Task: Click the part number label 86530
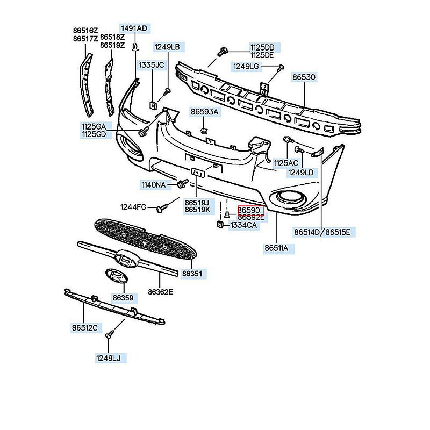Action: (x=304, y=77)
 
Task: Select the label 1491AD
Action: (x=133, y=28)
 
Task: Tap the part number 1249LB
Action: (x=167, y=47)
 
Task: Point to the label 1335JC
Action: (x=152, y=65)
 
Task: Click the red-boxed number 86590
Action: (x=252, y=210)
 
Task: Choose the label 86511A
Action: (x=276, y=248)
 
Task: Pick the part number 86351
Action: (x=192, y=274)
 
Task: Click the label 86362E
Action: (x=161, y=292)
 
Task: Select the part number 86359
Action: (x=123, y=297)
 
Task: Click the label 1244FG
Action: (x=133, y=207)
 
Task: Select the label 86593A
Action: (x=204, y=112)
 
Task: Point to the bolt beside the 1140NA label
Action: (x=180, y=185)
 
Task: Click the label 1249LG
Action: (x=246, y=66)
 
